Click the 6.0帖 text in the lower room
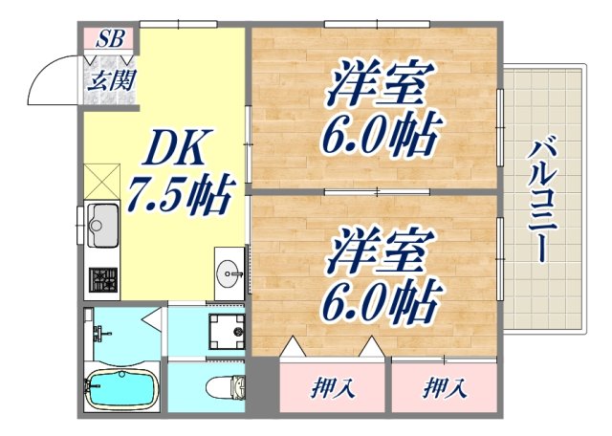click(x=383, y=305)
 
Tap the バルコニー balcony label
click(x=541, y=200)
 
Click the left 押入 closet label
click(x=333, y=388)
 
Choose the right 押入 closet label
click(x=445, y=388)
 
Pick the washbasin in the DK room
click(x=230, y=273)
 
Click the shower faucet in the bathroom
click(x=99, y=334)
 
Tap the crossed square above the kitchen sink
click(x=99, y=181)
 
